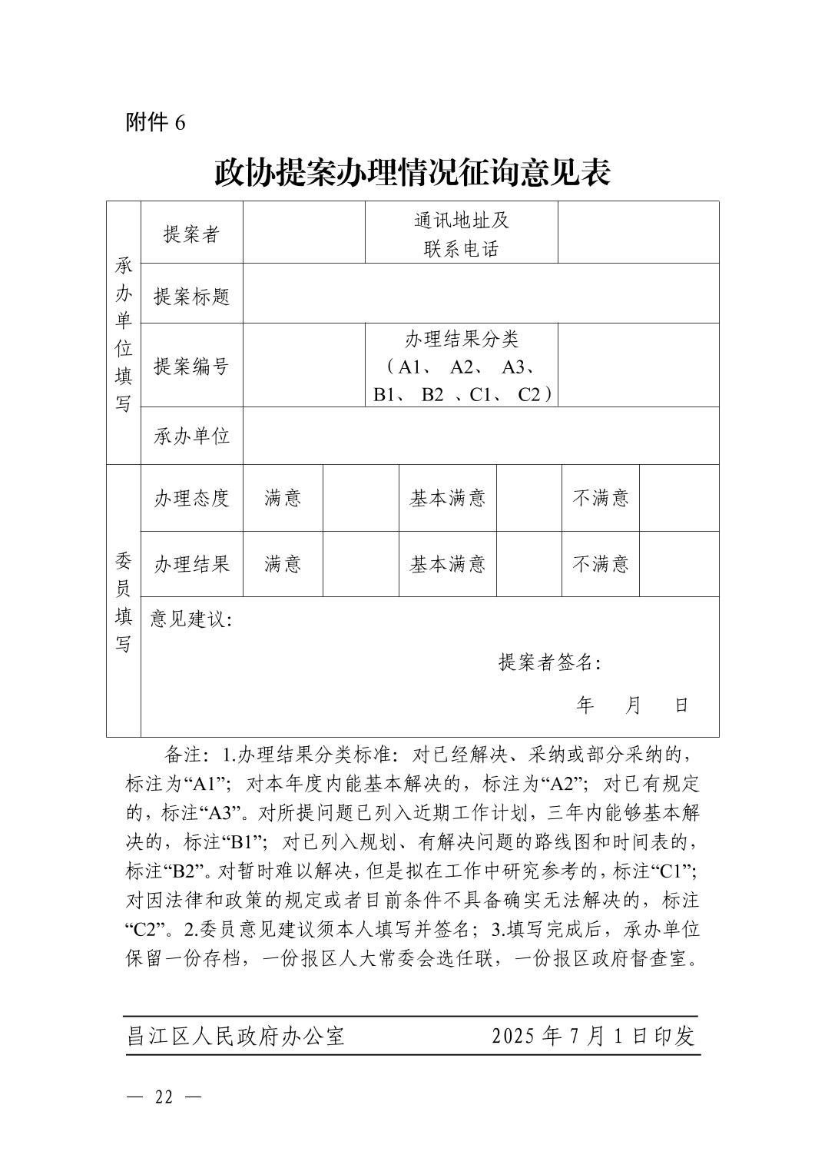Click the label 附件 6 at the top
[x=155, y=122]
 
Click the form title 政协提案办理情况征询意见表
[x=412, y=173]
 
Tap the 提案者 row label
[x=191, y=234]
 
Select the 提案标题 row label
[x=191, y=296]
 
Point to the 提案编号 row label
[x=191, y=366]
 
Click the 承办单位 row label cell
[x=191, y=436]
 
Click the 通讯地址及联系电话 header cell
[x=461, y=234]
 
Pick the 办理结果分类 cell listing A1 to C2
[x=461, y=366]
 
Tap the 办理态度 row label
[x=191, y=498]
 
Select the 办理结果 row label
[x=191, y=564]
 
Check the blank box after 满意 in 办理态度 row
[x=360, y=498]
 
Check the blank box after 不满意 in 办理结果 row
[x=678, y=564]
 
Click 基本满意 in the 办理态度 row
[x=447, y=498]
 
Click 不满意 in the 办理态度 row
[x=600, y=498]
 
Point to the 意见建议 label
[x=191, y=619]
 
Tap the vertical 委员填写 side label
[x=123, y=602]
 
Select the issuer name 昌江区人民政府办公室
[x=236, y=1036]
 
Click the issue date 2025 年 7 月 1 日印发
[x=593, y=1036]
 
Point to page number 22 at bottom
[x=164, y=1097]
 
